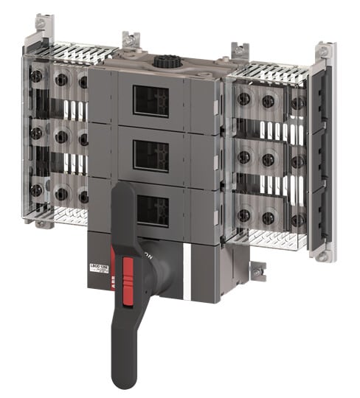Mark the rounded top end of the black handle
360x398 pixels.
(x=123, y=190)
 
